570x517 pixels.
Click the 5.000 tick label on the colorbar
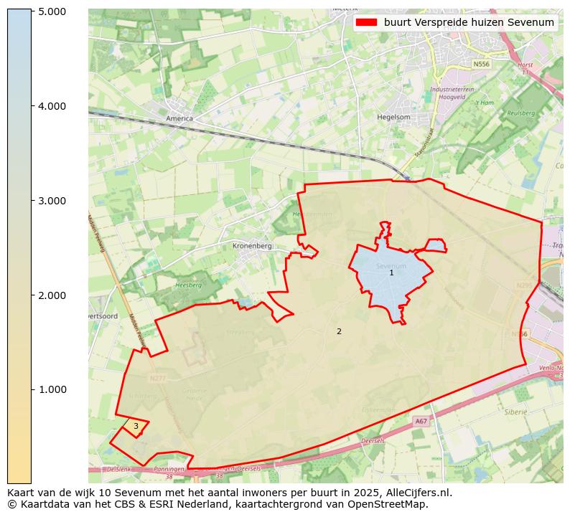point(52,11)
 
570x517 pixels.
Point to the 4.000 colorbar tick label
point(52,106)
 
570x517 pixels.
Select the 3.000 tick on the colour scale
point(52,201)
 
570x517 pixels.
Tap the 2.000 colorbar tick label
point(52,295)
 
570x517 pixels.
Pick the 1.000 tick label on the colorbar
point(52,390)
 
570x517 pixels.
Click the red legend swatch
point(366,22)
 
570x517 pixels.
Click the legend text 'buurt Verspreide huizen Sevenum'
point(469,22)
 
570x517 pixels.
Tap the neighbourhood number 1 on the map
point(391,273)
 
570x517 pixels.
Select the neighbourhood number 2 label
point(339,332)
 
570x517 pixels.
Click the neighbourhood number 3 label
point(136,427)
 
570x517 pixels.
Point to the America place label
point(179,118)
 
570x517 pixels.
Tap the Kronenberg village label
point(252,246)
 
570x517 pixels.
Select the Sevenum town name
point(391,266)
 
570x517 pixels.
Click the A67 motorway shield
point(421,422)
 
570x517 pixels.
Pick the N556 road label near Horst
point(481,65)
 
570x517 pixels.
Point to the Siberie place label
point(515,412)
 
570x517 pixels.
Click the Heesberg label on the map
point(188,285)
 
